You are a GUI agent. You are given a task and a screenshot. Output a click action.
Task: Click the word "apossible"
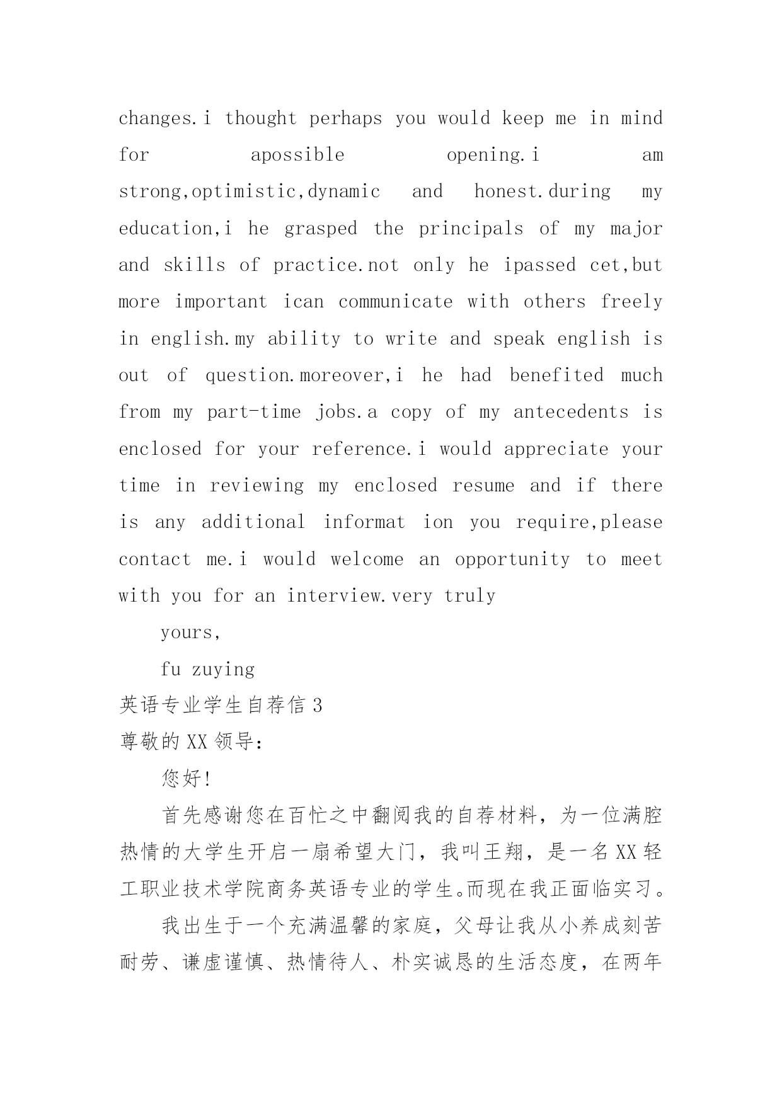coord(297,156)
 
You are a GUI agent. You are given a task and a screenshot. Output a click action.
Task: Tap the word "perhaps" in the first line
coord(345,119)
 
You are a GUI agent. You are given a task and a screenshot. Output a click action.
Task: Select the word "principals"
coord(471,229)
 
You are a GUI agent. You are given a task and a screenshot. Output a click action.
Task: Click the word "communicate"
coord(395,302)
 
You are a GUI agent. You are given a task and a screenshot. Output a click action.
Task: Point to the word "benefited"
coord(556,375)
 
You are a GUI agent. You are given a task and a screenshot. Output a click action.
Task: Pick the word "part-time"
coord(254,413)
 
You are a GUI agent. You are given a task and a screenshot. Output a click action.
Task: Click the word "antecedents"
coord(571,413)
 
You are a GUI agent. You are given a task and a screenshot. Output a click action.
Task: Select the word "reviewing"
coord(256,486)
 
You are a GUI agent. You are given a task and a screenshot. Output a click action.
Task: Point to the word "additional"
coord(253,522)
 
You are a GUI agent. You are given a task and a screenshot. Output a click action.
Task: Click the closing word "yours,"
coord(190,633)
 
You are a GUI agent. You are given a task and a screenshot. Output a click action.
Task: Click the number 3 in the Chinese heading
coord(317,706)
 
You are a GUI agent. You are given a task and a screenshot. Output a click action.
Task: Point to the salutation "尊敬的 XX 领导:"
coord(191,742)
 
